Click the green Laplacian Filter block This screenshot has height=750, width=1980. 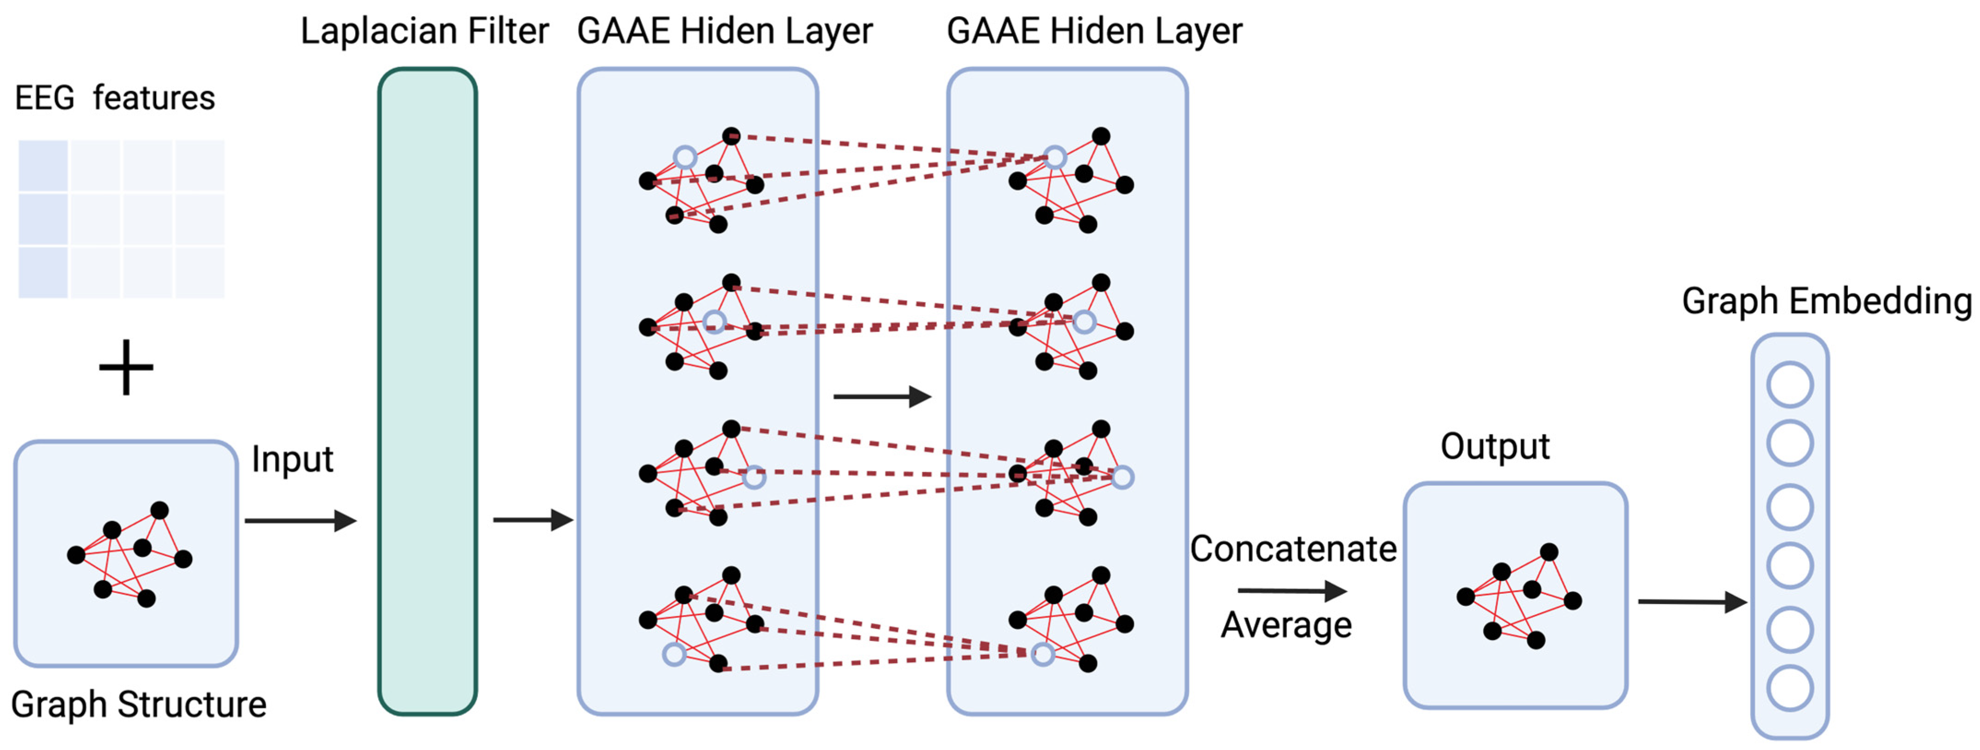tap(427, 392)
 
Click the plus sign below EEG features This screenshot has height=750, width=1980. tap(126, 367)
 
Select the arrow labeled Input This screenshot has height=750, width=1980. tap(300, 521)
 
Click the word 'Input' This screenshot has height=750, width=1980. tap(292, 459)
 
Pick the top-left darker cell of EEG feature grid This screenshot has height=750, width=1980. tap(43, 165)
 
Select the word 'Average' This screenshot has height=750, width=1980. tap(1286, 625)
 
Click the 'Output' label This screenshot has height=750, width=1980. tap(1494, 446)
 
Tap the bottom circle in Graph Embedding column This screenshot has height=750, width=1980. tap(1790, 689)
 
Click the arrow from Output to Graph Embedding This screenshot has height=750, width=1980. tap(1692, 602)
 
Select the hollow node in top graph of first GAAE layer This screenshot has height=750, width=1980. tap(685, 158)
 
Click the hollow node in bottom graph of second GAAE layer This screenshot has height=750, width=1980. tap(1042, 655)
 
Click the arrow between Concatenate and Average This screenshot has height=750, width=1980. tap(1291, 591)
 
